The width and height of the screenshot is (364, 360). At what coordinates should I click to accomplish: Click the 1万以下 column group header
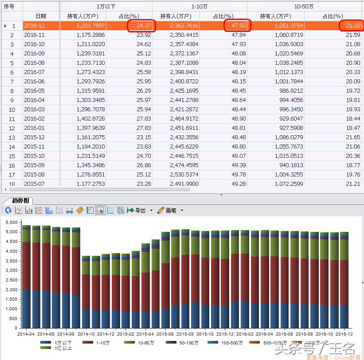pos(106,7)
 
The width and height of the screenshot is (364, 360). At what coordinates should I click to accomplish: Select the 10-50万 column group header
pos(304,7)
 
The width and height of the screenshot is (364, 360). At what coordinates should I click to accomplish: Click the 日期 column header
pos(40,16)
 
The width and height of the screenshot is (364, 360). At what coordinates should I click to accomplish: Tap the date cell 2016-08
pos(34,63)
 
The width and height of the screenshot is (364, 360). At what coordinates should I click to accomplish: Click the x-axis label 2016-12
pos(344,334)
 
